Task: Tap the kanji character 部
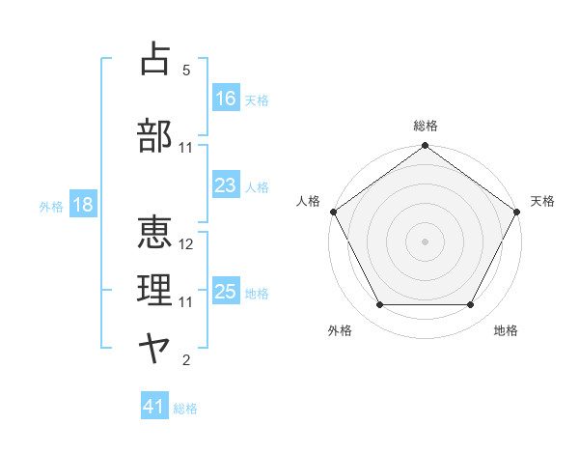click(155, 135)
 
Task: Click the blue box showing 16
click(226, 98)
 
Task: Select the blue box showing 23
click(226, 185)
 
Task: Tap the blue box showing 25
click(226, 292)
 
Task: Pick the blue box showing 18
click(81, 206)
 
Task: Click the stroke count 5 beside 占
click(186, 71)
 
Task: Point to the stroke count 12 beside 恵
click(186, 245)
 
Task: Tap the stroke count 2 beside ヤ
click(186, 361)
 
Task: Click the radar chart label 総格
click(425, 126)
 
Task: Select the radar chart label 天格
click(542, 201)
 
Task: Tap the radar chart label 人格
click(308, 201)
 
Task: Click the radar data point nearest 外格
click(379, 305)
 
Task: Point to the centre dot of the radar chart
click(425, 241)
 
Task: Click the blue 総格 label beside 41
click(185, 409)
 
